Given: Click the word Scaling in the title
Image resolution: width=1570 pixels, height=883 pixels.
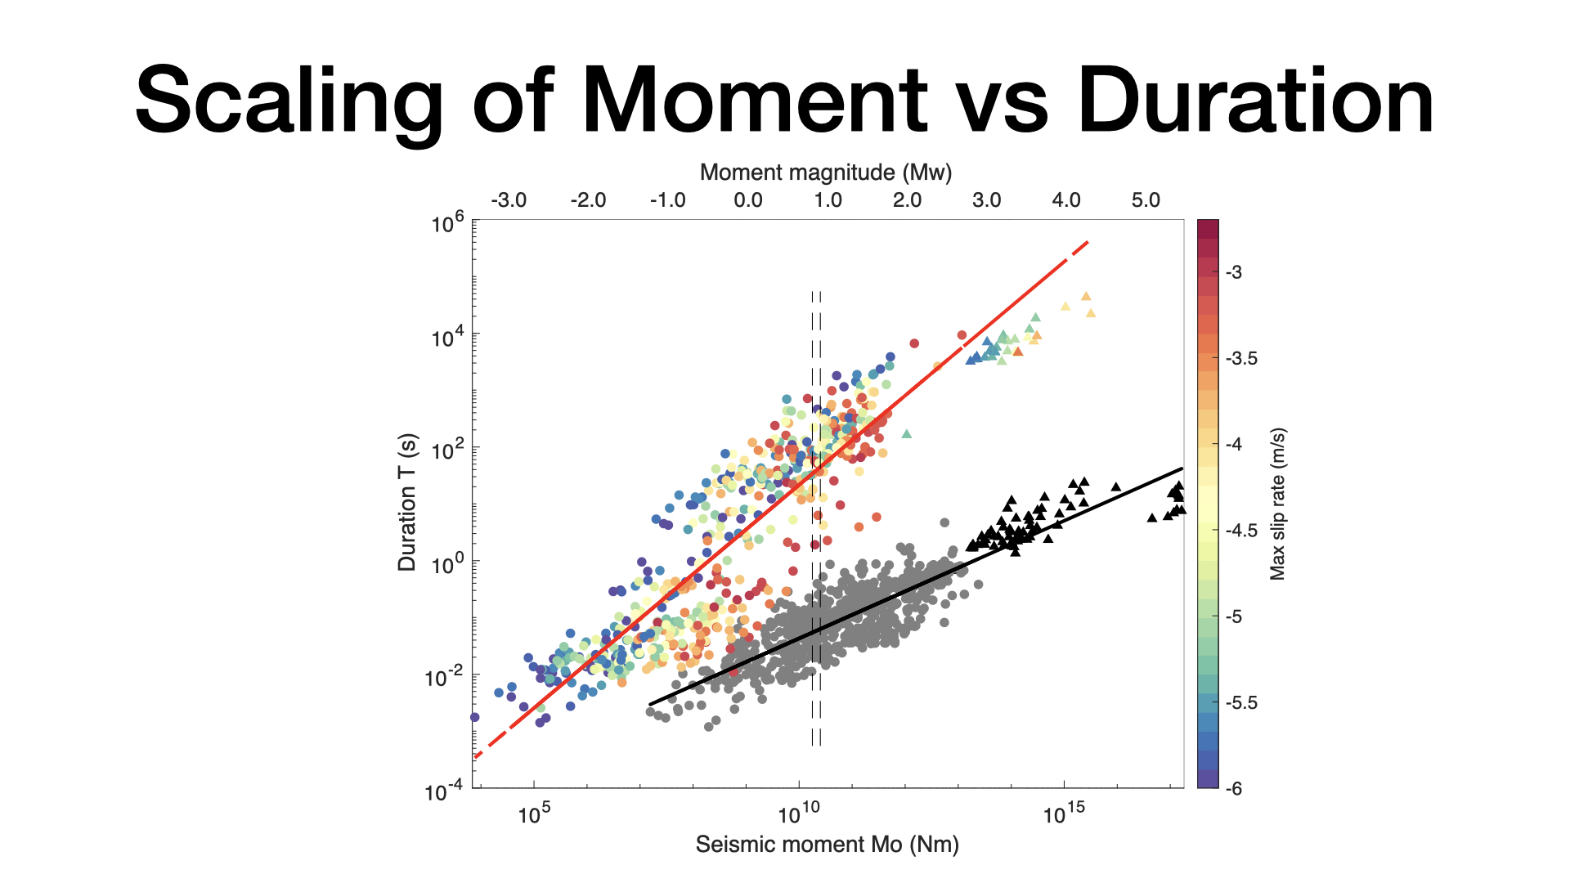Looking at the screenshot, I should [x=289, y=102].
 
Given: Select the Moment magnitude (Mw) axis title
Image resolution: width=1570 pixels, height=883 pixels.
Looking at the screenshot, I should [x=826, y=173].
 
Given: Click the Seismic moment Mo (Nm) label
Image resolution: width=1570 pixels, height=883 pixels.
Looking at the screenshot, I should [x=827, y=845].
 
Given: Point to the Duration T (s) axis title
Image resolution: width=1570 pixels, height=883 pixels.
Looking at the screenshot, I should [x=406, y=502].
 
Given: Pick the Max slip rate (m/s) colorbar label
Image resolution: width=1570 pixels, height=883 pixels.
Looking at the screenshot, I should [x=1277, y=504].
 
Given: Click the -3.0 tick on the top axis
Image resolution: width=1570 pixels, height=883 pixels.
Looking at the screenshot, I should [x=509, y=200].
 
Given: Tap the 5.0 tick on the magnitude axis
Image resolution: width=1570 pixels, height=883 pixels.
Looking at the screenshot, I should [x=1146, y=200].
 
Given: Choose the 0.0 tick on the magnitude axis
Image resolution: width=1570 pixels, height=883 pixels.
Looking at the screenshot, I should [x=747, y=200].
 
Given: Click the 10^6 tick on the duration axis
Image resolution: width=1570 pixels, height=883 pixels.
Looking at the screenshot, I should [x=447, y=222].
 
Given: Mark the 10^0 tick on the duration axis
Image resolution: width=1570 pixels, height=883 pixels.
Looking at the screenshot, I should [x=447, y=563].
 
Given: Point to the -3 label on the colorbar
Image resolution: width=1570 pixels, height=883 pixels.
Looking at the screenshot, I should [x=1233, y=272].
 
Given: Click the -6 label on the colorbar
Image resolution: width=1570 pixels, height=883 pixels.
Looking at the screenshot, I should [x=1233, y=789].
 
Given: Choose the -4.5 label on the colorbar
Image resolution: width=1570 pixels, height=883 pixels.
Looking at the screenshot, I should [x=1241, y=531].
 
